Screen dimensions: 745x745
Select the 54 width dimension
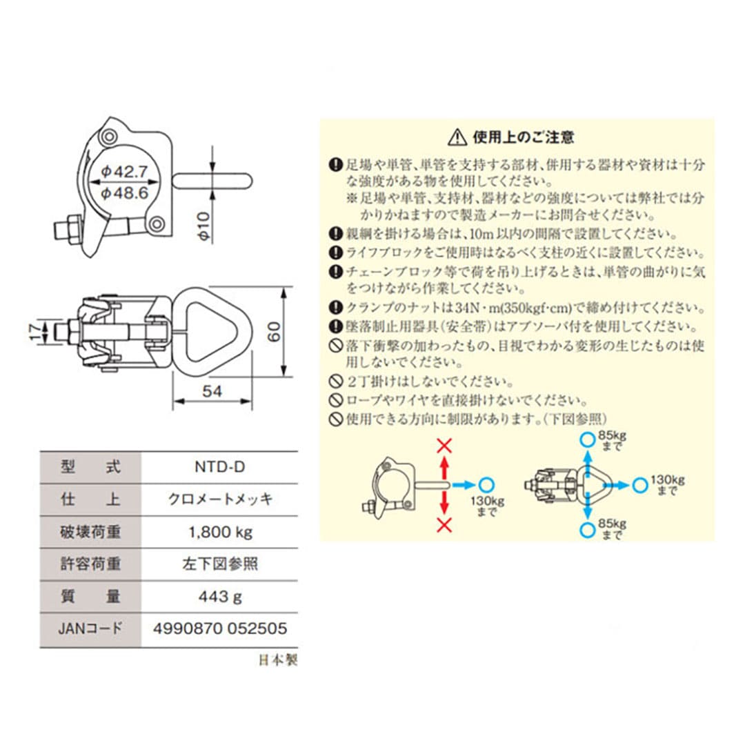pyautogui.click(x=213, y=391)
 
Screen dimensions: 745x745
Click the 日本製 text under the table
pyautogui.click(x=277, y=660)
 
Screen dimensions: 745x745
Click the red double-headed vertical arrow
pyautogui.click(x=445, y=485)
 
